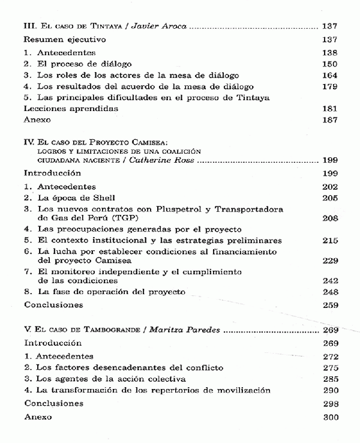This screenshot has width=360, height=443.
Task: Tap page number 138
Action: (329, 53)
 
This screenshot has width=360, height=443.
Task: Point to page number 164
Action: (329, 75)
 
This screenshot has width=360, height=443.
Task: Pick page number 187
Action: (329, 119)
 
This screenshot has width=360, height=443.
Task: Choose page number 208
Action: (329, 218)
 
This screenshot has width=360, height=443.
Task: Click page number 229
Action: (329, 261)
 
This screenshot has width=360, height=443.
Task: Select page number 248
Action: (329, 292)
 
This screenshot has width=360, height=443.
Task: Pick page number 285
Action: (329, 379)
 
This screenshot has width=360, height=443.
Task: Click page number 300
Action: (329, 415)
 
